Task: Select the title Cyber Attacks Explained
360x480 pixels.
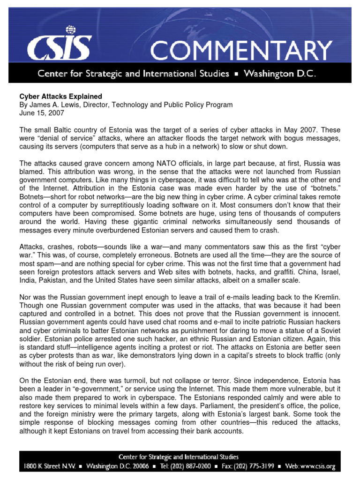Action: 60,97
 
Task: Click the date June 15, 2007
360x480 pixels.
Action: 41,113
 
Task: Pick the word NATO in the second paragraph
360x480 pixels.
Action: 147,164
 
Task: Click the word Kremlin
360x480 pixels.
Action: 326,297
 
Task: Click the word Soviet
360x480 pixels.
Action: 328,331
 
